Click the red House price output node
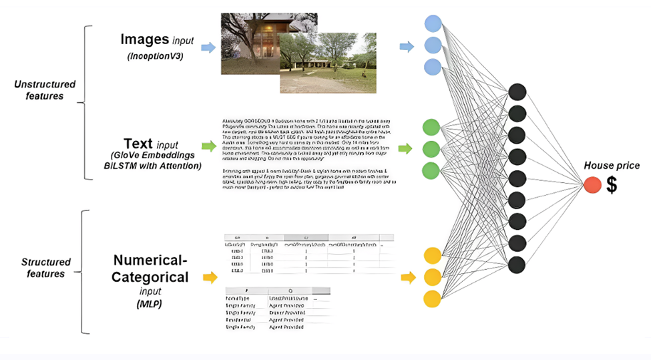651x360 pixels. point(592,186)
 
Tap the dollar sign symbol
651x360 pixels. point(612,186)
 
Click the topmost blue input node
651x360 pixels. point(433,24)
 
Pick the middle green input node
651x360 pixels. point(431,148)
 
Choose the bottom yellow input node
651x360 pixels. point(432,298)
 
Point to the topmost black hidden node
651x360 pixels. point(516,92)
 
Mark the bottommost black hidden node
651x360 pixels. point(516,264)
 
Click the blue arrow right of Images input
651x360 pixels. point(208,47)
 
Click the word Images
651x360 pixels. point(145,39)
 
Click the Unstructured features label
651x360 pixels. point(45,90)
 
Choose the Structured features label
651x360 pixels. point(45,268)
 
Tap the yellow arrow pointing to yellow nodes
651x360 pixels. point(408,277)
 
